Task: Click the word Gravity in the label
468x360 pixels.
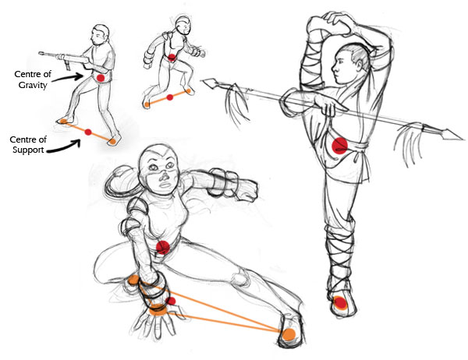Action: pyautogui.click(x=33, y=85)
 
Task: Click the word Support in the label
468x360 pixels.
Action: pyautogui.click(x=28, y=150)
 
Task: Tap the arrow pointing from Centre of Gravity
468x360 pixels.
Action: pyautogui.click(x=68, y=78)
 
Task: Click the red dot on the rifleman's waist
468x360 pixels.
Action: pyautogui.click(x=101, y=78)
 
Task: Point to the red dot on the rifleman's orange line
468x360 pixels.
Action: pyautogui.click(x=88, y=132)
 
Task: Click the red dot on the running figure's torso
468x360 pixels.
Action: pyautogui.click(x=172, y=58)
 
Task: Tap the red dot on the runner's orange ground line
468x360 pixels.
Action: pyautogui.click(x=170, y=97)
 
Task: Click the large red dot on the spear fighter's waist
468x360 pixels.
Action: pyautogui.click(x=339, y=146)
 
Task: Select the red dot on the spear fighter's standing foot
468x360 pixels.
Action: pyautogui.click(x=340, y=303)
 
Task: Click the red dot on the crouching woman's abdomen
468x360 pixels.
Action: pyautogui.click(x=163, y=247)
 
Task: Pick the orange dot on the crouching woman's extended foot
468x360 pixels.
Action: pyautogui.click(x=289, y=334)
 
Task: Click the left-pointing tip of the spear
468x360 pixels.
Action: pyautogui.click(x=204, y=80)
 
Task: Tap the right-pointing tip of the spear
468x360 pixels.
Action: pyautogui.click(x=463, y=139)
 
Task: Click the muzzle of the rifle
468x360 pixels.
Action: pyautogui.click(x=40, y=54)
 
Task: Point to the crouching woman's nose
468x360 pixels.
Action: pyautogui.click(x=164, y=178)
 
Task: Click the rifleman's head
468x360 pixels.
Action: pyautogui.click(x=100, y=34)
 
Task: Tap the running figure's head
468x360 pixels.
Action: pyautogui.click(x=183, y=25)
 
